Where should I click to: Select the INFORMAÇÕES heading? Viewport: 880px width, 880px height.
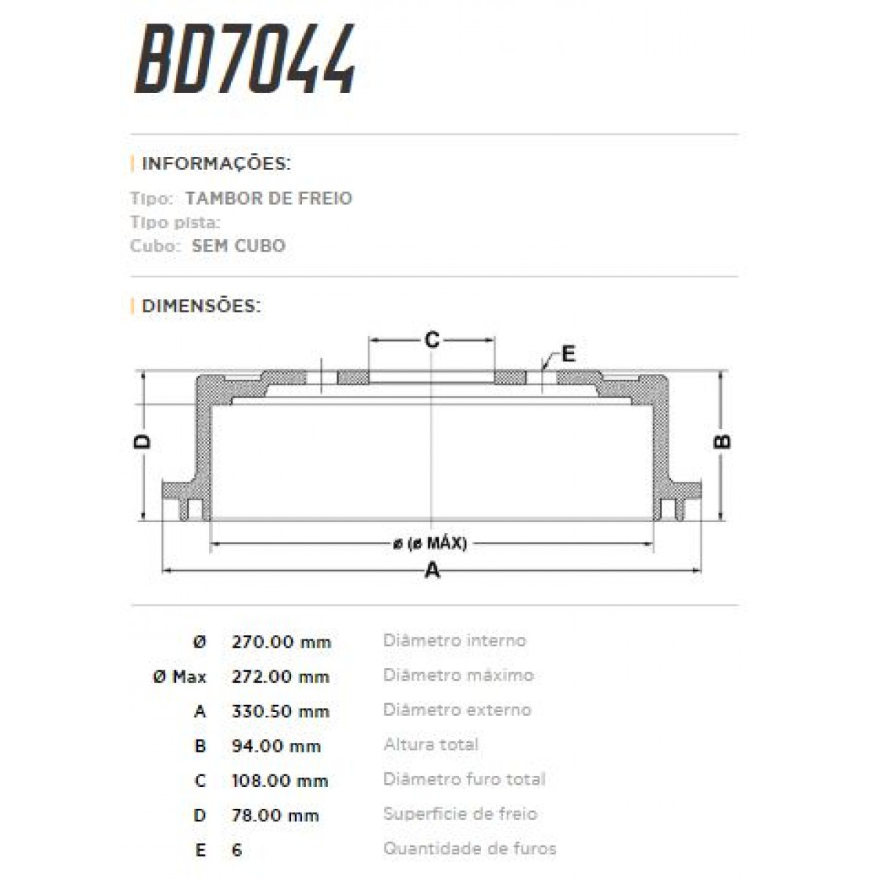[x=216, y=163]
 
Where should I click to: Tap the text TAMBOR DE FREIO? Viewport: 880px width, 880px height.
[x=268, y=198]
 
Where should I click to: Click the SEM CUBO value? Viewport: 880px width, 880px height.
[x=238, y=246]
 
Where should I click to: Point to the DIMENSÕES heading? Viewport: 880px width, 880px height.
[x=200, y=306]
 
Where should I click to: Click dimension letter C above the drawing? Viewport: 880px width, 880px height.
[x=432, y=340]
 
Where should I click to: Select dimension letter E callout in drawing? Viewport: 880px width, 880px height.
[x=568, y=354]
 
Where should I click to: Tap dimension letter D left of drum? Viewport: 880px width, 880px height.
[x=143, y=441]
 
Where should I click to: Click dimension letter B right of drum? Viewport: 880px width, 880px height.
[x=722, y=441]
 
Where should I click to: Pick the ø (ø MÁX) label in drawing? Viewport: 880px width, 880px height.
[x=430, y=543]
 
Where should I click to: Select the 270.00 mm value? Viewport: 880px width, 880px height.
[x=281, y=642]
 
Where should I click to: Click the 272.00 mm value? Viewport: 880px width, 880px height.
[x=280, y=677]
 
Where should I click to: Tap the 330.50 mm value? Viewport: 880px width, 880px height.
[x=280, y=711]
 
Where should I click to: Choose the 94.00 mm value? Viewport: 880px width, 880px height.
[x=276, y=746]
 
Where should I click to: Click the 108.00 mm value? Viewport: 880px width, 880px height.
[x=279, y=780]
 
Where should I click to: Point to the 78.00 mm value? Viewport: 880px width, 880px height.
[x=276, y=815]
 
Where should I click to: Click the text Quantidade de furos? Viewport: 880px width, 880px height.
[x=469, y=849]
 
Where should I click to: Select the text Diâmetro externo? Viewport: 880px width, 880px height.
[x=457, y=710]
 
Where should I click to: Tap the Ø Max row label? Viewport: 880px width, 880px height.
[x=180, y=677]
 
